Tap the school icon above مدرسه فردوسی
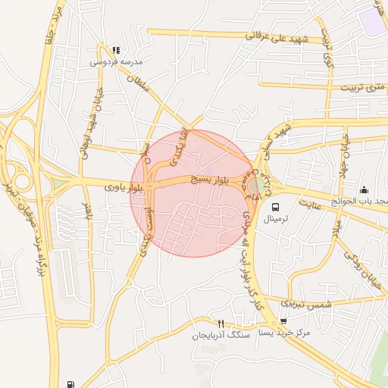tap(115, 49)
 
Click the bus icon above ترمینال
tap(274, 206)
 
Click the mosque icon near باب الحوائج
tap(364, 189)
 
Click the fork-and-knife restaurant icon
tap(221, 324)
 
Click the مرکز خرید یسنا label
tap(283, 333)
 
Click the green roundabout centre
tap(256, 184)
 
